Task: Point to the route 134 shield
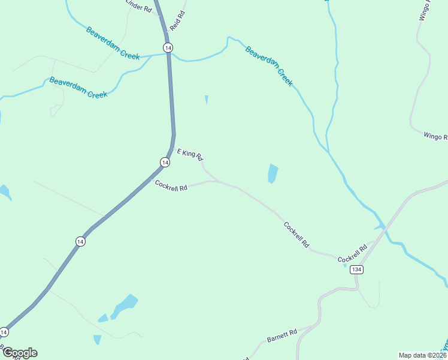357,269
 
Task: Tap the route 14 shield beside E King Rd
164,162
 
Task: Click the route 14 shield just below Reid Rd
168,47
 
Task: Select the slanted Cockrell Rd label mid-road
296,235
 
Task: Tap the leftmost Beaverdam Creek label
78,87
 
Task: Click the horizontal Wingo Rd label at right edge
435,137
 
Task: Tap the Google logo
19,353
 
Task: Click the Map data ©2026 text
423,355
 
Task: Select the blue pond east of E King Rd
273,173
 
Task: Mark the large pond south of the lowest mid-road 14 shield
124,305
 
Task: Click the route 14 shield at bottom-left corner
5,332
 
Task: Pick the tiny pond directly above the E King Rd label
206,100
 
